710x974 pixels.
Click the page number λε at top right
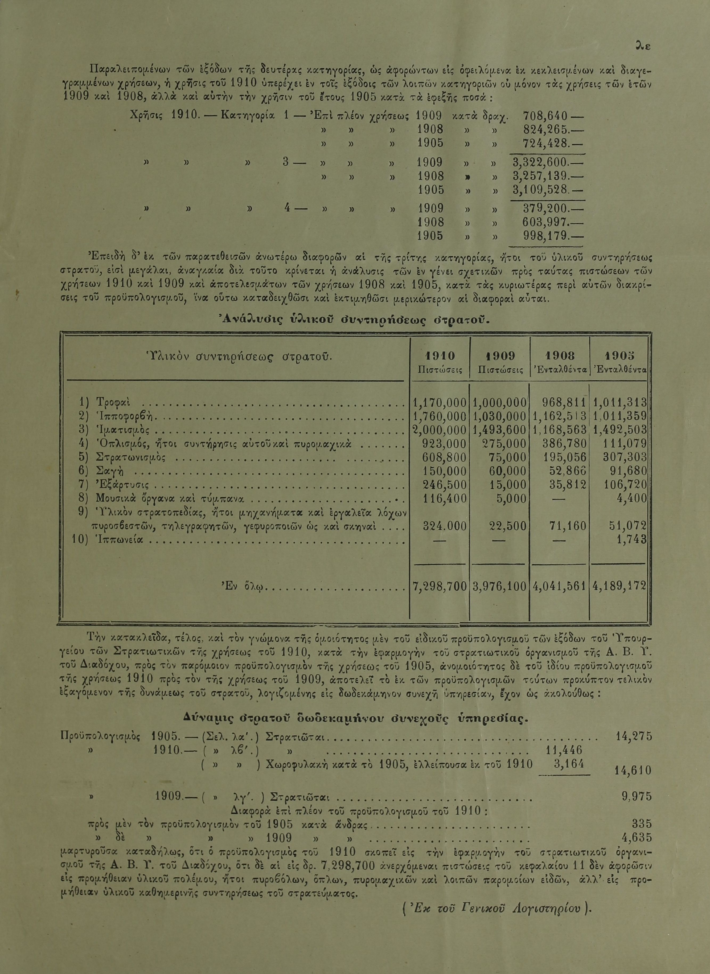643,45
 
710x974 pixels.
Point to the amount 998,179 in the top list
545,236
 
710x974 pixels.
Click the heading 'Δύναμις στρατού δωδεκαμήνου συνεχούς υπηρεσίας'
355,718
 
